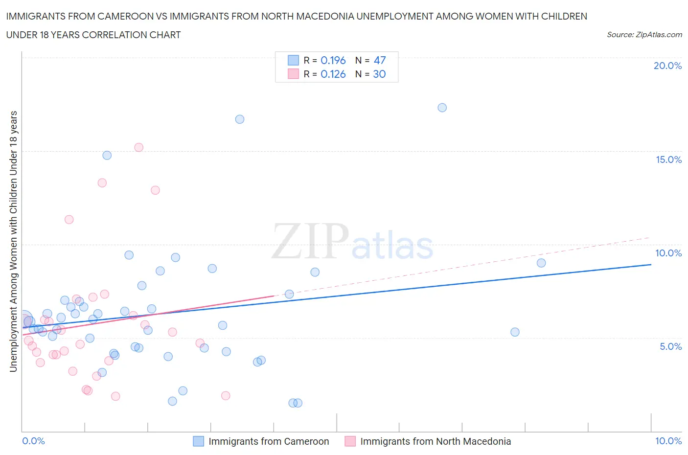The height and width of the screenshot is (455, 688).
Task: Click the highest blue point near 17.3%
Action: [x=442, y=108]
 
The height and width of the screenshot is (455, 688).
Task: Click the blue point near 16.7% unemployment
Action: [x=239, y=119]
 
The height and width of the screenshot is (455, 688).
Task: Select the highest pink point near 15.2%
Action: [x=138, y=147]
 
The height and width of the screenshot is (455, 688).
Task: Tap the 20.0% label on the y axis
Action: [x=667, y=66]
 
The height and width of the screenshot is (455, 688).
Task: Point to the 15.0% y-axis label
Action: [x=668, y=160]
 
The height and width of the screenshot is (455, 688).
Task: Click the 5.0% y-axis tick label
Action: [x=670, y=346]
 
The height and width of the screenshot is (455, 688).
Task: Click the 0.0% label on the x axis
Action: [x=34, y=441]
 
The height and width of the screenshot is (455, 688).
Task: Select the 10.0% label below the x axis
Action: [x=668, y=441]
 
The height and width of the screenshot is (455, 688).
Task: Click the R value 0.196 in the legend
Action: [x=333, y=60]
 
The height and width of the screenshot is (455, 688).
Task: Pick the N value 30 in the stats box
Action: [x=379, y=74]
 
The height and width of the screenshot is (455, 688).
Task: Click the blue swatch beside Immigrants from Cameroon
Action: [x=198, y=441]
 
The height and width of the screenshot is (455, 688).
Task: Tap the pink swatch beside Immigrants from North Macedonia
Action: [x=350, y=441]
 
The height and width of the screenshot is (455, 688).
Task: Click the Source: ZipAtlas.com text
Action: [x=644, y=35]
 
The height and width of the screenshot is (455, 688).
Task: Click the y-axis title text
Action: [x=13, y=241]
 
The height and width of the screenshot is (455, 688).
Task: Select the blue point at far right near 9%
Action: [x=541, y=263]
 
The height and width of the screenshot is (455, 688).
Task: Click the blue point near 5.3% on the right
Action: [x=514, y=332]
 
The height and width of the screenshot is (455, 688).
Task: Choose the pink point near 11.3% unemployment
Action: [x=69, y=220]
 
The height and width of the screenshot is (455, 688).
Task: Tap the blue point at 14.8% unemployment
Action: [x=107, y=155]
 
